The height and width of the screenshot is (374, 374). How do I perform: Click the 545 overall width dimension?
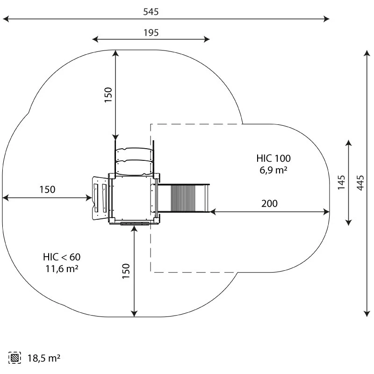point(151,12)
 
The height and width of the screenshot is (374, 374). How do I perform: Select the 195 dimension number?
point(151,33)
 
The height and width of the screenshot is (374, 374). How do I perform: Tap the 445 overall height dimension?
point(360,183)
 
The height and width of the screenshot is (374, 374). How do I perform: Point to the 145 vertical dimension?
point(341,182)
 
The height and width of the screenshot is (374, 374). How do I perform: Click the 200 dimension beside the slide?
point(269,203)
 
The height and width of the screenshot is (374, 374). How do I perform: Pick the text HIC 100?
point(273,158)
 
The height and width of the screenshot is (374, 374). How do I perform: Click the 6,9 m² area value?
point(273,170)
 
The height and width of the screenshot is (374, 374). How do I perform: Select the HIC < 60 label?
point(62,257)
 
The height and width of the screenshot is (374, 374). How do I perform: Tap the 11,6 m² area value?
point(62,269)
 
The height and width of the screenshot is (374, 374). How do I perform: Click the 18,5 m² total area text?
point(44,358)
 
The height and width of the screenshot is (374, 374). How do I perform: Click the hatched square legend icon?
point(14,358)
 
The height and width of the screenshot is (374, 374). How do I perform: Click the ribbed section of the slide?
point(183,198)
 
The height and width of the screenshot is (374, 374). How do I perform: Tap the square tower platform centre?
point(133,197)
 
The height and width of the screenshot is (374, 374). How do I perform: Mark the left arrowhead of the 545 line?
point(6,19)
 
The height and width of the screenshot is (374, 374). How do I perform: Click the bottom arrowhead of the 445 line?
point(367,314)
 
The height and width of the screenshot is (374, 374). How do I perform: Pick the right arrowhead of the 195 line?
point(207,39)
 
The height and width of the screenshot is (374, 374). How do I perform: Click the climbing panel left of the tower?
point(100,198)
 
